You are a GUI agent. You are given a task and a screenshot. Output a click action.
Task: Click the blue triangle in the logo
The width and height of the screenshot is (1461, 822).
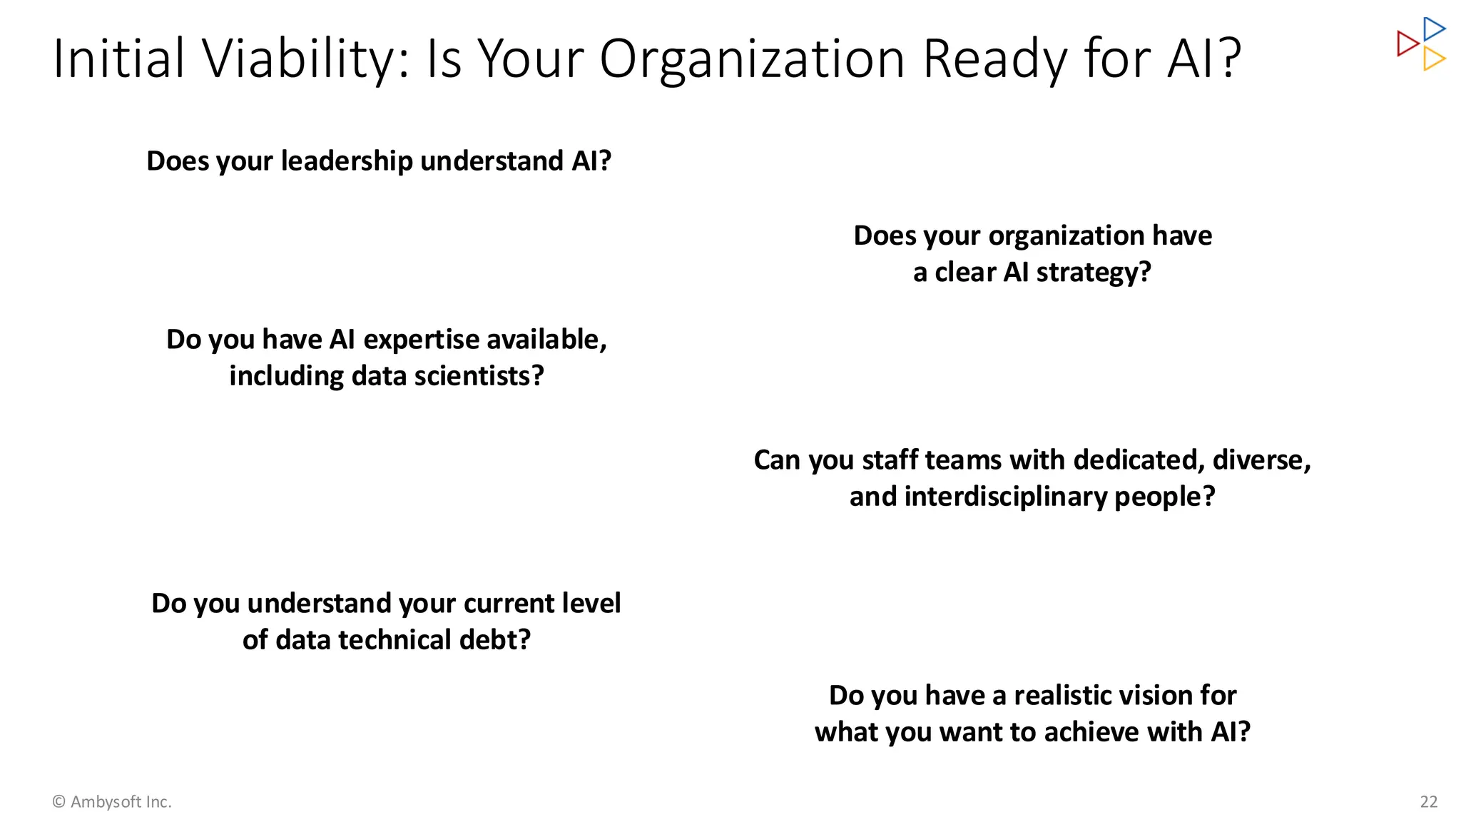point(1433,29)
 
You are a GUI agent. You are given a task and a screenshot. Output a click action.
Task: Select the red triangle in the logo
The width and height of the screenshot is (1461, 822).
point(1406,44)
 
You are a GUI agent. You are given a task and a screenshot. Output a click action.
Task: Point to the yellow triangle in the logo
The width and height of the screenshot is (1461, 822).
point(1433,59)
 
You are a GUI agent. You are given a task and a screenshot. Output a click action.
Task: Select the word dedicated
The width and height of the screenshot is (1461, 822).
point(1139,460)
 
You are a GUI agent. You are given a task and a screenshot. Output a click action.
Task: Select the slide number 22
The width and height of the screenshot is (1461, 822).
point(1428,802)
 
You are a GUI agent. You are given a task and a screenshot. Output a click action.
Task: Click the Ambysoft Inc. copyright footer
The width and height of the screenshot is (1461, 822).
point(112,802)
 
